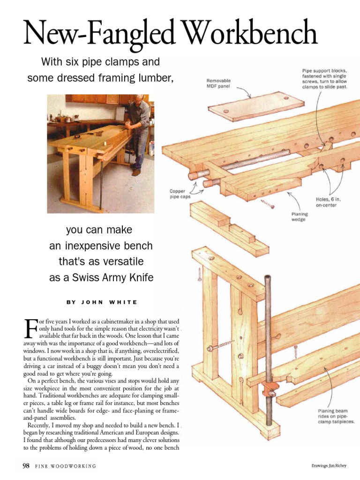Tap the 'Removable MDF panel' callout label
coord(218,84)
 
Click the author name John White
coord(102,302)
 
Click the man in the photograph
coord(138,131)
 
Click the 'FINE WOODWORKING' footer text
coord(66,466)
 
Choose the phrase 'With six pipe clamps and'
coord(101,62)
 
